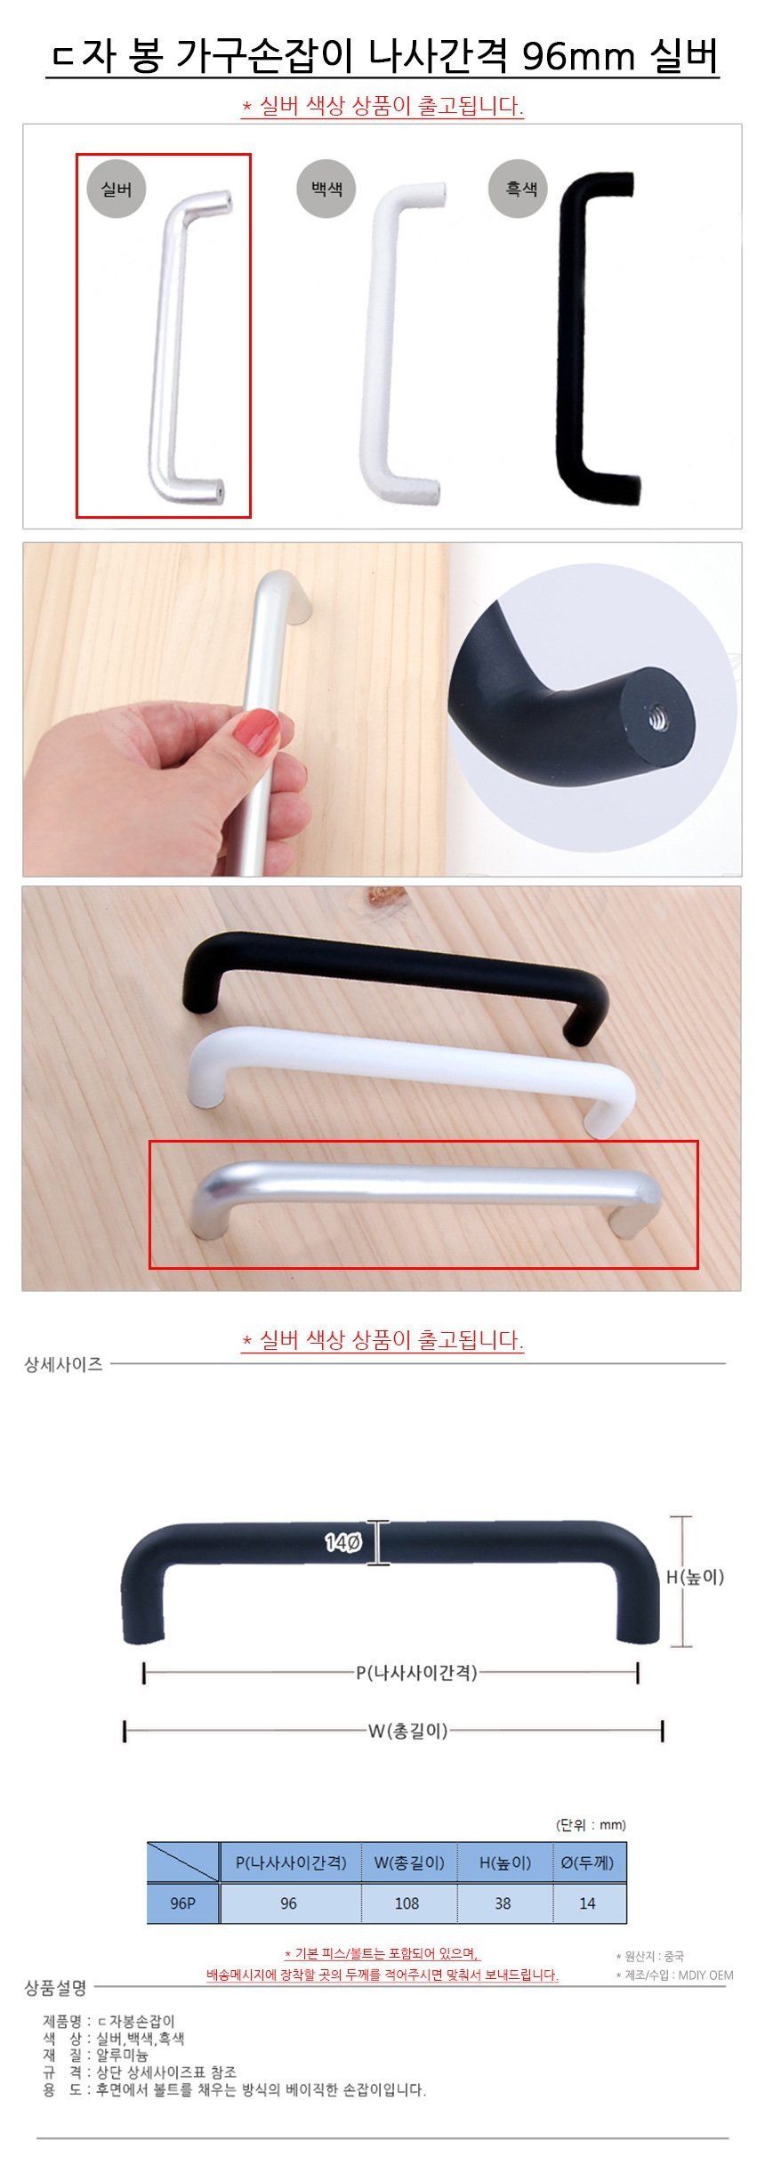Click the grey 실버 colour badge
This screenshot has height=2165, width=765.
point(117,190)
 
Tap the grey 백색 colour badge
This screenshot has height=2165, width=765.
point(326,189)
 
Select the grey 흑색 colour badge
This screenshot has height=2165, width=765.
point(521,189)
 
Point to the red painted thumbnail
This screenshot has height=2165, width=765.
point(256,731)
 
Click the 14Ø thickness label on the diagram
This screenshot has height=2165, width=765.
point(342,1542)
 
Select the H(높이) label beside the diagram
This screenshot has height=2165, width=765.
point(696,1577)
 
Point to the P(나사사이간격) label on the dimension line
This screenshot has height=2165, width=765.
point(417,1673)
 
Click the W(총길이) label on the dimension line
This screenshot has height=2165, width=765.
point(408,1731)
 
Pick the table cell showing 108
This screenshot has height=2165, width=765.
point(407,1903)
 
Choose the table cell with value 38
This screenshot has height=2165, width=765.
point(503,1903)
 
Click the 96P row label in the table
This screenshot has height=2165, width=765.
point(182,1903)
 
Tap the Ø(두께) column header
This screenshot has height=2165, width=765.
point(588,1862)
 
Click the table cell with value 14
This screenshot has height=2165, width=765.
point(588,1903)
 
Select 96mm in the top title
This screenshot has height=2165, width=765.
point(578,58)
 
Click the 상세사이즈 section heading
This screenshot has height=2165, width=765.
point(63,1364)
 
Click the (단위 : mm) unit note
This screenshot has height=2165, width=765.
point(591,1825)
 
